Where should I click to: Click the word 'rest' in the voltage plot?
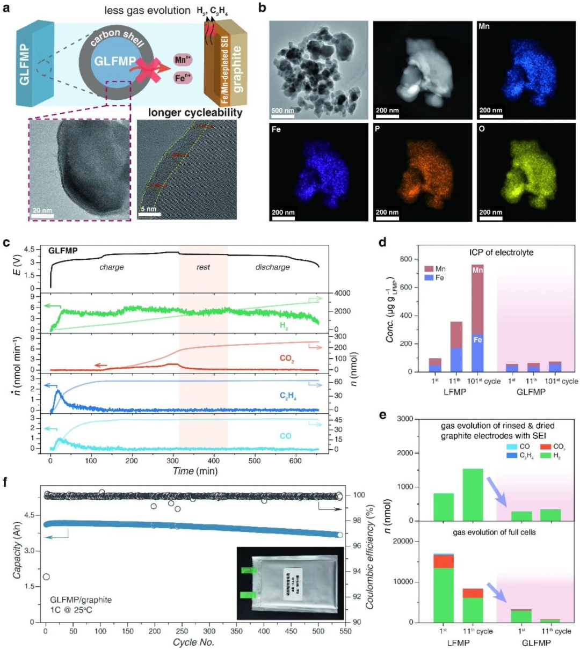(x=203, y=267)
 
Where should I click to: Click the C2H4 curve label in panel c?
(x=288, y=396)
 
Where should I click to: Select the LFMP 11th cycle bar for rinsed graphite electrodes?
(x=472, y=494)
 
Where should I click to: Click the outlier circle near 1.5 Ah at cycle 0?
(x=46, y=576)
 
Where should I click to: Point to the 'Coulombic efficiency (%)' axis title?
(x=370, y=552)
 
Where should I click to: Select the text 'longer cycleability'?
(x=195, y=113)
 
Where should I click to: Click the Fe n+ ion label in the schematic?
(x=183, y=78)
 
